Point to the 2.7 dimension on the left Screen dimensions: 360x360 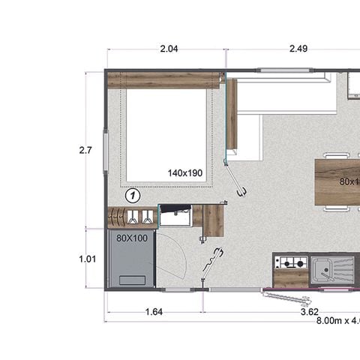click(85, 150)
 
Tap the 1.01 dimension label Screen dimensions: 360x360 click(87, 259)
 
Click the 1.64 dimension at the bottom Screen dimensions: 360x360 click(153, 310)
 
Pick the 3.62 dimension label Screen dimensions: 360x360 click(310, 310)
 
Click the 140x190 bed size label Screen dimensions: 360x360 click(185, 173)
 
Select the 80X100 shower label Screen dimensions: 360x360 click(131, 237)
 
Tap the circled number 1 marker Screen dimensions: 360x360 click(132, 195)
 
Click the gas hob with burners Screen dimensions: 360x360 click(291, 262)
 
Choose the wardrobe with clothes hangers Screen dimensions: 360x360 click(133, 217)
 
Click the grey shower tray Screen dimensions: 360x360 click(131, 262)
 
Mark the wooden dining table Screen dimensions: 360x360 click(337, 181)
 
